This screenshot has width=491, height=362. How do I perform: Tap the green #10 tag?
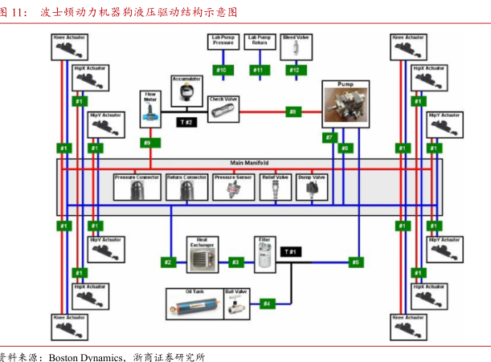(x=222, y=71)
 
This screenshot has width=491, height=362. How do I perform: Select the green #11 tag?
(x=258, y=71)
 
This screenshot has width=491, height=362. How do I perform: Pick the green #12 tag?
(x=294, y=71)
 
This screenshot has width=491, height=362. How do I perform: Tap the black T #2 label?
(x=186, y=122)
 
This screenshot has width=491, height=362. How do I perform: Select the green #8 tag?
(x=293, y=112)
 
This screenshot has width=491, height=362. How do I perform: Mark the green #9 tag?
(x=146, y=143)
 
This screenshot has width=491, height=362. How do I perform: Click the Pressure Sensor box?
(x=234, y=186)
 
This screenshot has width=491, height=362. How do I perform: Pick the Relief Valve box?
(x=276, y=186)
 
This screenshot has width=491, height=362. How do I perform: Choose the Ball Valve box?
(x=235, y=303)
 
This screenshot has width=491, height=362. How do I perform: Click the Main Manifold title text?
(x=250, y=163)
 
